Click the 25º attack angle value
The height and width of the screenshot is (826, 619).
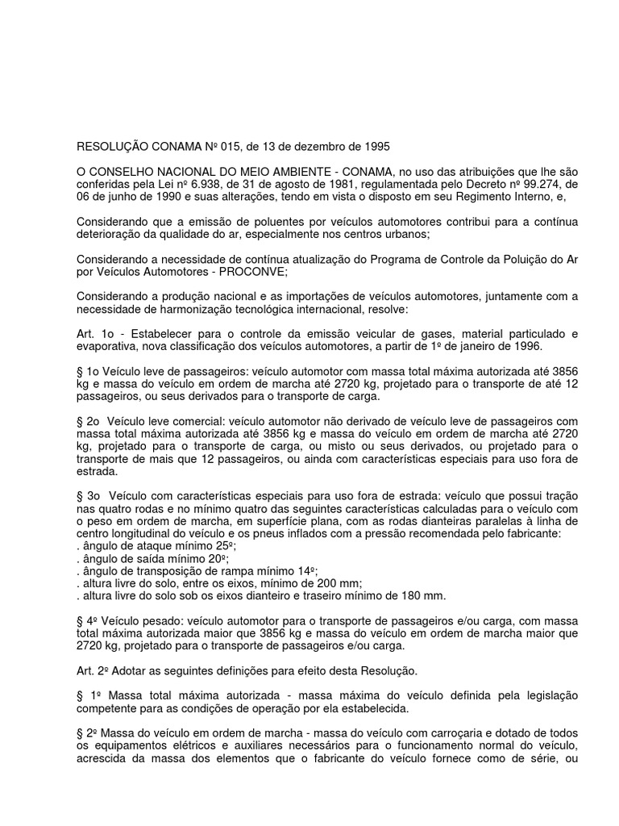[x=212, y=547]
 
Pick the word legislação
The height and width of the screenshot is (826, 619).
[x=545, y=695]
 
